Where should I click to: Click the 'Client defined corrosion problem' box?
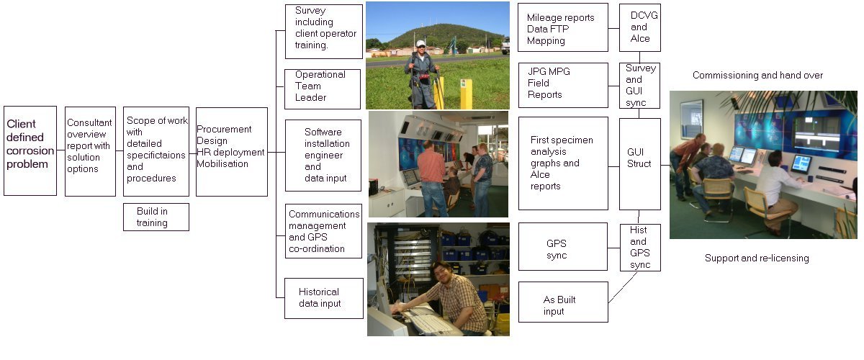click(x=30, y=150)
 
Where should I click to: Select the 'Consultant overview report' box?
click(x=90, y=150)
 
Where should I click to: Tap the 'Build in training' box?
click(x=156, y=217)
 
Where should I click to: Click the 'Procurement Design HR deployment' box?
click(x=231, y=151)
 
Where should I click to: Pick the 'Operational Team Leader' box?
click(x=323, y=89)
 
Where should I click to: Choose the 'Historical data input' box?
click(x=323, y=298)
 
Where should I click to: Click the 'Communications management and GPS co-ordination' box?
click(x=323, y=233)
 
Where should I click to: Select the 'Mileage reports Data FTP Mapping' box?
click(x=563, y=27)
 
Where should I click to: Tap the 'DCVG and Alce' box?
click(x=639, y=27)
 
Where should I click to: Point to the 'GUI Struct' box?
click(x=639, y=163)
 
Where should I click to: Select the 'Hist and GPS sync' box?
click(x=639, y=247)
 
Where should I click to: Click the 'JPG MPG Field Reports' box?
click(x=563, y=84)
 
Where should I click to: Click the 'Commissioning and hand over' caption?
click(x=757, y=76)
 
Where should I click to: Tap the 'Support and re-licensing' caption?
click(x=757, y=258)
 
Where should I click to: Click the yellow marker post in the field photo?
click(x=466, y=91)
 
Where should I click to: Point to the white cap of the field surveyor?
click(x=420, y=44)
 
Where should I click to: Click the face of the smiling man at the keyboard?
click(x=441, y=274)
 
